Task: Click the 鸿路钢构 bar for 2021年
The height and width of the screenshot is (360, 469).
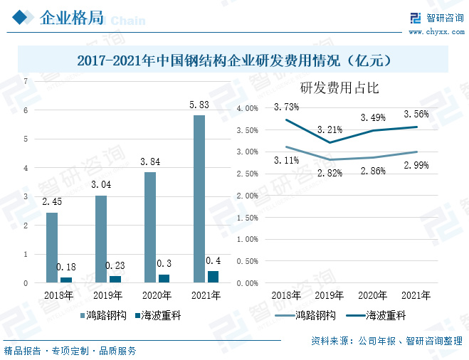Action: pyautogui.click(x=199, y=199)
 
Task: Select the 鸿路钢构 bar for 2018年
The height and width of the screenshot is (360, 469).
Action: pyautogui.click(x=52, y=248)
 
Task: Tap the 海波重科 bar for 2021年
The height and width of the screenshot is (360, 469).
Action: pyautogui.click(x=213, y=277)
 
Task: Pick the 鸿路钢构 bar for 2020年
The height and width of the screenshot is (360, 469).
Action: pyautogui.click(x=150, y=228)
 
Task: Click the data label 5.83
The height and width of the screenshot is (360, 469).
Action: pyautogui.click(x=199, y=105)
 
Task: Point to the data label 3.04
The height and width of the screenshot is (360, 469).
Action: pyautogui.click(x=101, y=186)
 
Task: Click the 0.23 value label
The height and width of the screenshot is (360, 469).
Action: pyautogui.click(x=115, y=265)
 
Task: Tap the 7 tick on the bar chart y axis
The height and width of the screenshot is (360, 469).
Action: pyautogui.click(x=26, y=81)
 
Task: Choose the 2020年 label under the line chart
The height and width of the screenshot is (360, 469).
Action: pyautogui.click(x=372, y=295)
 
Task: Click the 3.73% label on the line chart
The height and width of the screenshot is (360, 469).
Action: pyautogui.click(x=286, y=107)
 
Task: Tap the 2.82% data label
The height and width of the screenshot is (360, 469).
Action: pyautogui.click(x=330, y=172)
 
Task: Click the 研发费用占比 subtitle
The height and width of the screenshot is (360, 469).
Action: pyautogui.click(x=339, y=89)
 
